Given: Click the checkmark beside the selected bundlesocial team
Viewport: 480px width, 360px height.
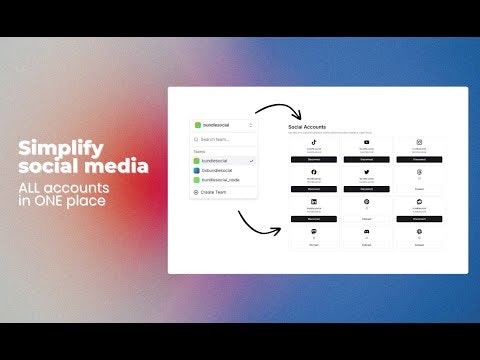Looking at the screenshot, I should point(251,160).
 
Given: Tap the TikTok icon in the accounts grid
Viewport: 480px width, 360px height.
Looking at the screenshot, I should point(314,142).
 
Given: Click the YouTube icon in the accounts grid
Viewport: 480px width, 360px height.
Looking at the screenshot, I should point(367,142).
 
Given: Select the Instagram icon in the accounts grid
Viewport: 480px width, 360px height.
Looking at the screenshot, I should point(420,142).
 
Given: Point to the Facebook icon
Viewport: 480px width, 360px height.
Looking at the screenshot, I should point(314,172).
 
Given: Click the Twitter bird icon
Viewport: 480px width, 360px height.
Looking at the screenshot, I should point(367,172).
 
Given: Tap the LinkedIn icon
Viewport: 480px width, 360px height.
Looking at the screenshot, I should point(314,202).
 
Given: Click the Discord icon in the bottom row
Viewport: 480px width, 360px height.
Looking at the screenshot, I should point(367,231).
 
